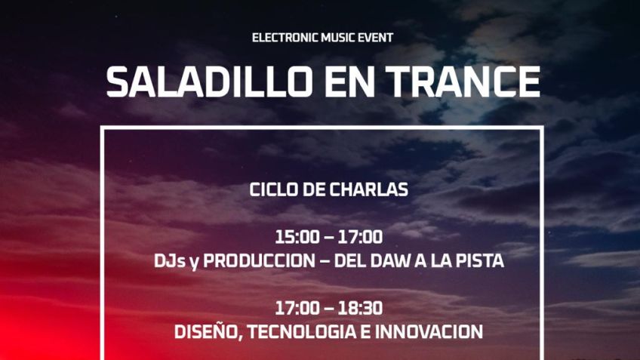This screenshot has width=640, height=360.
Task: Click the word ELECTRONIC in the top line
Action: click(285, 38)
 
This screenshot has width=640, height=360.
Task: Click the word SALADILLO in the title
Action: click(208, 82)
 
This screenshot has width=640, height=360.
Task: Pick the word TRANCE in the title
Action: click(463, 82)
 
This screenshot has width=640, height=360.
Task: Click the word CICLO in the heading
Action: click(273, 189)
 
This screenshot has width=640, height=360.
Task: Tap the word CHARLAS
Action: click(369, 189)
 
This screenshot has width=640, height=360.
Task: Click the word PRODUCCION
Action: click(259, 261)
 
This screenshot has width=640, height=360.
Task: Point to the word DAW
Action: click(391, 261)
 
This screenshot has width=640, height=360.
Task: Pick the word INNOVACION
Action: click(429, 332)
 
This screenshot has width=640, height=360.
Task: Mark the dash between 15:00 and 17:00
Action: click(329, 238)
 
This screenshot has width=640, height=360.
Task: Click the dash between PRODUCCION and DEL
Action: click(325, 262)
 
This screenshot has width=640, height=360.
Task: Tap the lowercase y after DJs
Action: click(194, 263)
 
